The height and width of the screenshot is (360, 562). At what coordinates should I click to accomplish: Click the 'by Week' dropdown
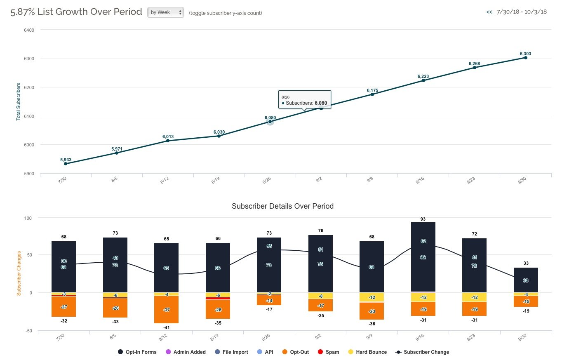[x=166, y=12]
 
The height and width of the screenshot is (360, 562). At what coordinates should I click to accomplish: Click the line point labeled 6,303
[x=526, y=57]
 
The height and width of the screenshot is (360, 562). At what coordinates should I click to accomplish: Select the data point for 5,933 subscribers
[x=66, y=164]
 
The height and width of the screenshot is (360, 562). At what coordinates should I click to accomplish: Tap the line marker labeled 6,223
[x=423, y=80]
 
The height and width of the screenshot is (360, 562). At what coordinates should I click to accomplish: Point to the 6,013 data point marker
[x=168, y=141]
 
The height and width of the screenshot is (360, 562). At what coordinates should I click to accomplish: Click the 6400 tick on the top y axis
[x=28, y=30]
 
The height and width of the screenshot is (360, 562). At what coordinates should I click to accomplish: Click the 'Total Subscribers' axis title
[x=18, y=101]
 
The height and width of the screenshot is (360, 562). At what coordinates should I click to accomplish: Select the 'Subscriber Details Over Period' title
[x=282, y=206]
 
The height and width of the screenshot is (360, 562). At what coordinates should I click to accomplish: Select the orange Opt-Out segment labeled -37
[x=167, y=310]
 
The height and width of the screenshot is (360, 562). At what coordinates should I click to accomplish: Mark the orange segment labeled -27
[x=64, y=307]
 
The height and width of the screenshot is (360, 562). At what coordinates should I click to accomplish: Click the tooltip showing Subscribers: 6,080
[x=304, y=99]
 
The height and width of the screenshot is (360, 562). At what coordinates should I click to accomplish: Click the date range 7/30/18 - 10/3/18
[x=522, y=12]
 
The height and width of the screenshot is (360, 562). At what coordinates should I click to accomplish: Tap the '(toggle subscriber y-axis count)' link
[x=226, y=13]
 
